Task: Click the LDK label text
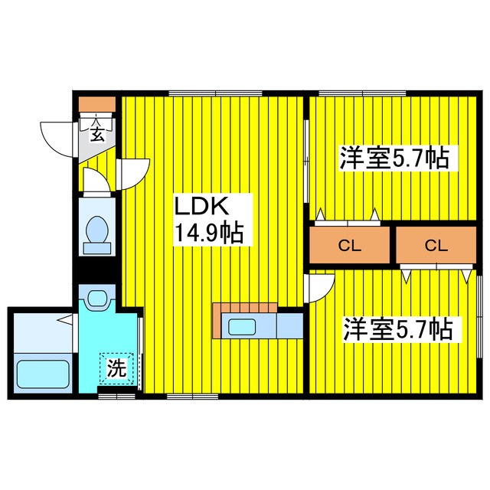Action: coord(204,207)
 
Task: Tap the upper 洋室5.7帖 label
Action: coord(394,159)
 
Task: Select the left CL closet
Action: coord(348,246)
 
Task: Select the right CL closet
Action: coord(435,246)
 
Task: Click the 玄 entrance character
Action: coord(97,136)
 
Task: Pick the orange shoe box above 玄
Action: coord(97,103)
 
